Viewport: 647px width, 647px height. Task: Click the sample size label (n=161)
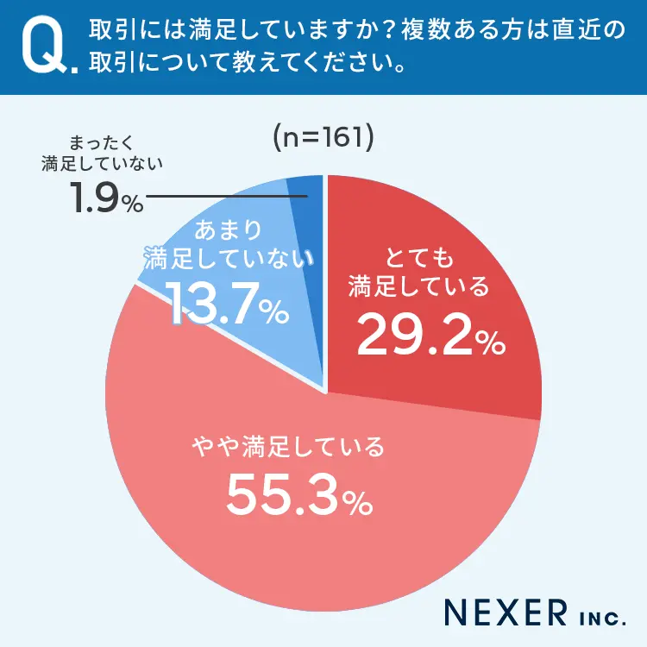point(323,138)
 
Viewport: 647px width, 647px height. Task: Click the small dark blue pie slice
point(307,194)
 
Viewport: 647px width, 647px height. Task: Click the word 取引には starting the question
point(125,31)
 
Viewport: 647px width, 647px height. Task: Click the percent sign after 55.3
point(361,500)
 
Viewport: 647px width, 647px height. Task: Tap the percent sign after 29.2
point(491,342)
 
